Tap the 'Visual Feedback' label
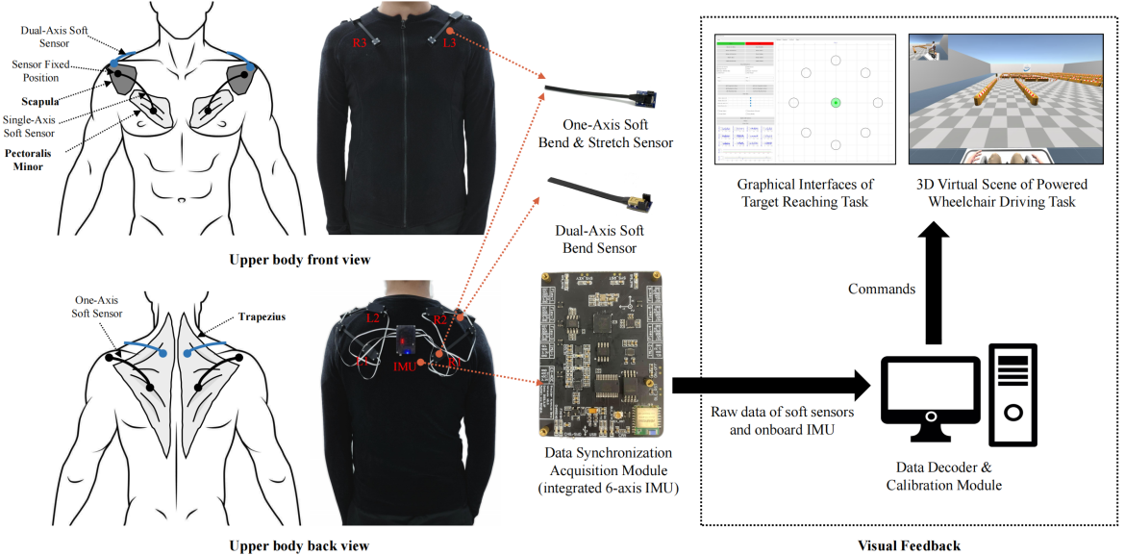coord(908,545)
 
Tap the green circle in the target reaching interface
coord(836,103)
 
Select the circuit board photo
coord(596,354)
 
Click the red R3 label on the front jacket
coord(360,43)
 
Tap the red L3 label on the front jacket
coord(448,43)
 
